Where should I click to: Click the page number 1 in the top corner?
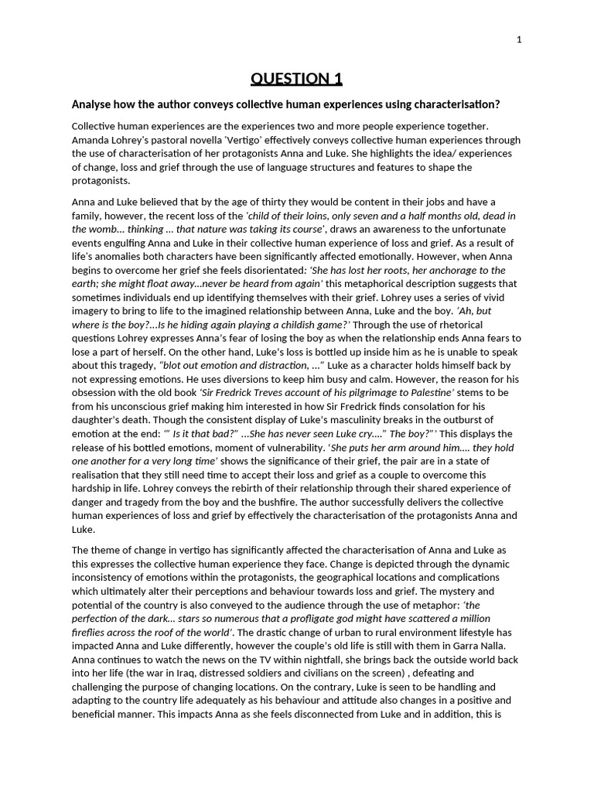click(x=519, y=40)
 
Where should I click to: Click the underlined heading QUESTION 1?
click(x=296, y=78)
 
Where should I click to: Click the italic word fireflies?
click(x=92, y=632)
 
